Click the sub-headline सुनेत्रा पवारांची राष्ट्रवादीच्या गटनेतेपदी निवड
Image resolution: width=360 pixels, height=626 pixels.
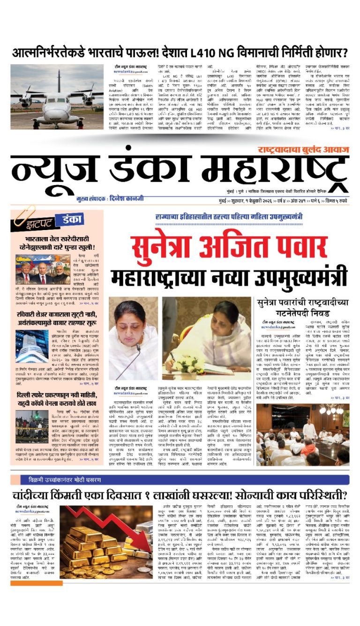tap(309, 307)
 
